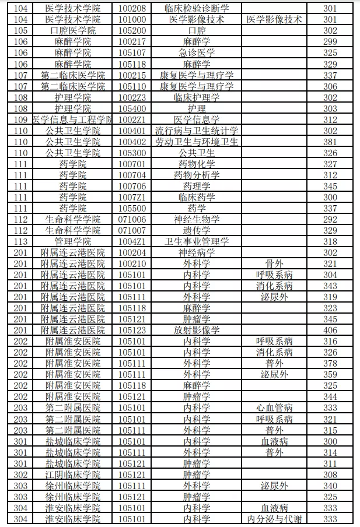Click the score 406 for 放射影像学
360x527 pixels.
click(x=330, y=330)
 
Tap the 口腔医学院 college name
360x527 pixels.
click(x=73, y=30)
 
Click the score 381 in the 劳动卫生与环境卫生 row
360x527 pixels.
click(x=330, y=142)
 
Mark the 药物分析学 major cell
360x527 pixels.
click(x=196, y=175)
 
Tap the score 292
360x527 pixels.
click(x=330, y=219)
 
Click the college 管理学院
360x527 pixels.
click(x=73, y=241)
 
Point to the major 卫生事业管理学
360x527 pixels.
click(x=196, y=241)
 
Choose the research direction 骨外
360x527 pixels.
click(x=274, y=263)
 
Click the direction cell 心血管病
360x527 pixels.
click(x=274, y=408)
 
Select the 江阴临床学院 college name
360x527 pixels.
click(x=73, y=475)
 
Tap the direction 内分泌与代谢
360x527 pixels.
click(x=274, y=519)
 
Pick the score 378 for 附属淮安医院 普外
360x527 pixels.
click(x=330, y=363)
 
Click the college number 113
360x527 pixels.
click(x=20, y=241)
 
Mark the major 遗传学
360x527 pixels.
click(x=196, y=230)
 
